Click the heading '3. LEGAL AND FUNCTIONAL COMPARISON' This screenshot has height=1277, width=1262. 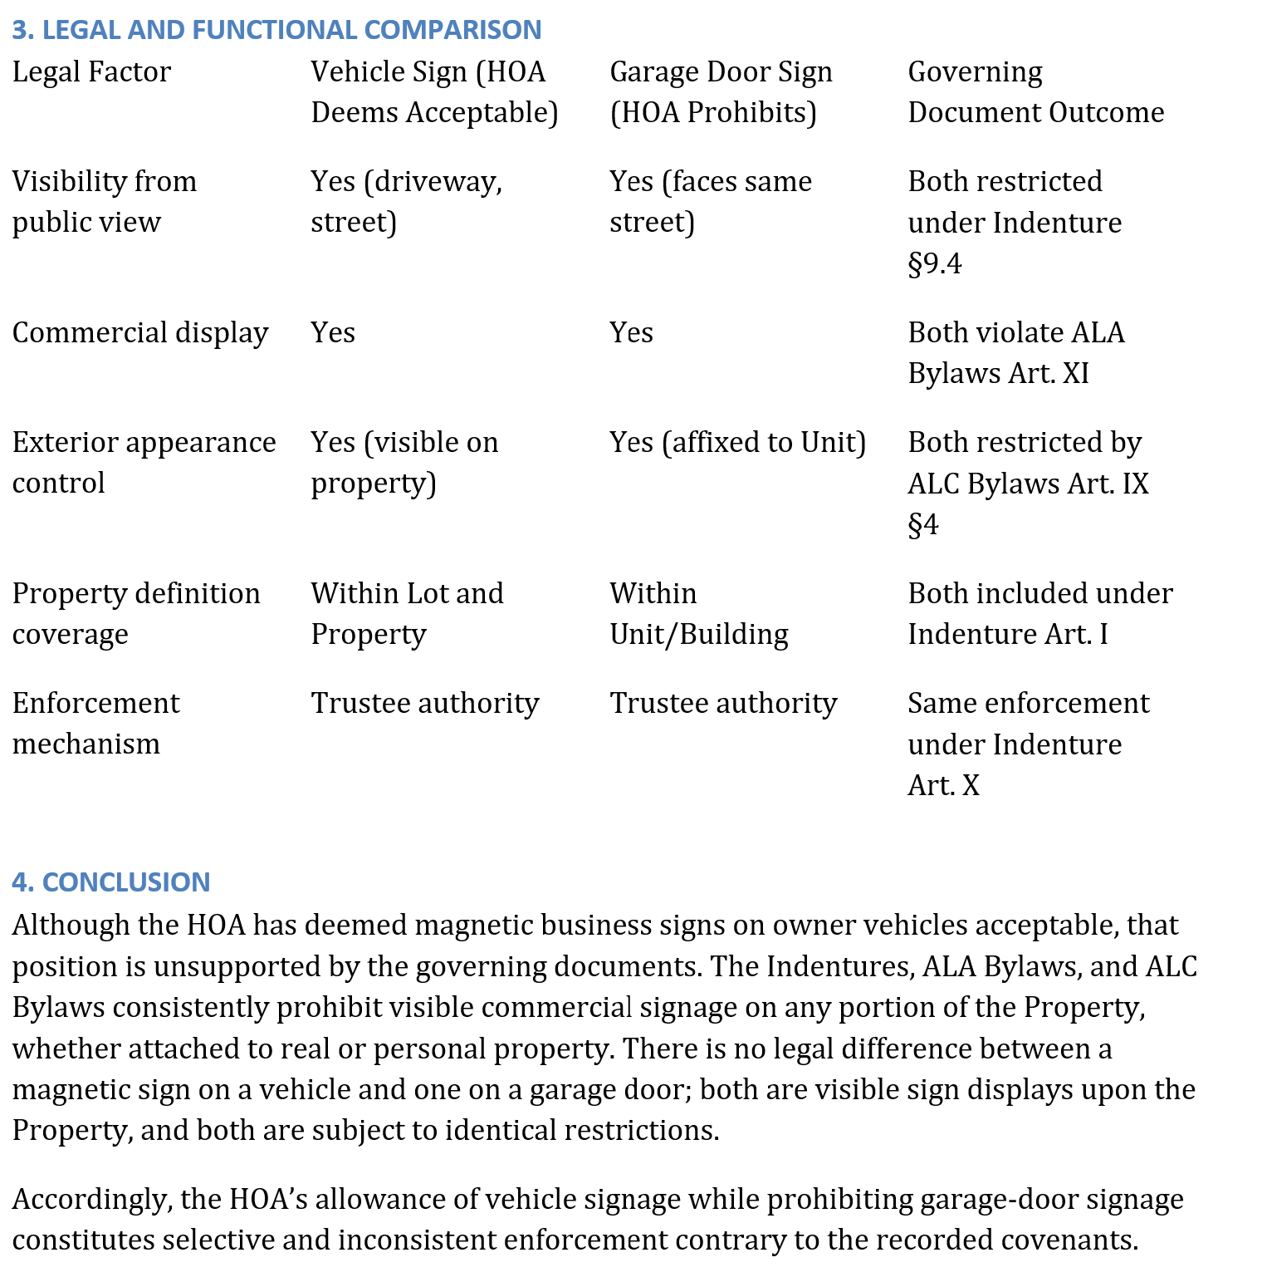point(276,30)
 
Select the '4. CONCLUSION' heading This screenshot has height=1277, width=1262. point(111,882)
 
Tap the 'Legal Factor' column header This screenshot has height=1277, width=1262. point(91,72)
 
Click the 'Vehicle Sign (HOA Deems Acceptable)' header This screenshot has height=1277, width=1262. point(434,92)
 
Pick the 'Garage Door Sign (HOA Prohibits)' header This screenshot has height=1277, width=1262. point(720,92)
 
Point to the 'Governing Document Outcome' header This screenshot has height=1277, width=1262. point(1035,92)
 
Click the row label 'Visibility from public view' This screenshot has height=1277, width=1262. point(104,202)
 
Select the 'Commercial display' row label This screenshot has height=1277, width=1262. point(139,333)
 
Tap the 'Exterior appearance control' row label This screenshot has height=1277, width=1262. point(144,463)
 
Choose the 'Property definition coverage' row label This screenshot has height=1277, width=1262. point(135,614)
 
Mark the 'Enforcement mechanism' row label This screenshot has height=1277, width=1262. point(95,724)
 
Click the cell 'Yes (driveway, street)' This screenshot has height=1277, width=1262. point(406,202)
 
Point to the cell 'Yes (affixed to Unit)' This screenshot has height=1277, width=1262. point(737,443)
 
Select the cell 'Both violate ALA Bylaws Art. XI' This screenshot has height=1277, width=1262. point(1015,353)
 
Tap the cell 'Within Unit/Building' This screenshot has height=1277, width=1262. point(698,614)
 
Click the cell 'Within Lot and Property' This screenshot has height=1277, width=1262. point(407,614)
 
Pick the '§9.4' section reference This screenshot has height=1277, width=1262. point(935,264)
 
